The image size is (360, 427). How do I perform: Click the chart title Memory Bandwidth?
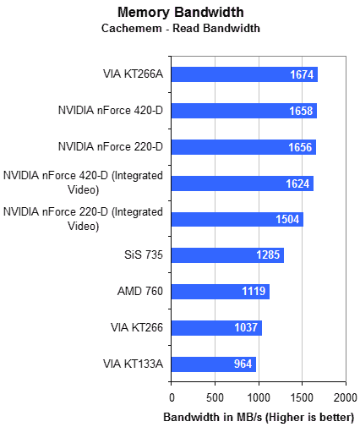point(181,13)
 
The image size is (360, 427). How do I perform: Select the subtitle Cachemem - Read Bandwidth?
point(181,28)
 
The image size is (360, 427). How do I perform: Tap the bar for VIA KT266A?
point(244,74)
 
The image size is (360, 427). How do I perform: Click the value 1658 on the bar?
point(301,111)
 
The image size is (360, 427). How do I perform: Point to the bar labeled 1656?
point(243,147)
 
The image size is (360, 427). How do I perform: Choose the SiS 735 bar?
point(227,255)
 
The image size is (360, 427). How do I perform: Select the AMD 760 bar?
point(221,292)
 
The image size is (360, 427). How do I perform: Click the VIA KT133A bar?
point(214,364)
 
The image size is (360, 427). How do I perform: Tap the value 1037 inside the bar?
point(246,327)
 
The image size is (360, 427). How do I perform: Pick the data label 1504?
point(287,219)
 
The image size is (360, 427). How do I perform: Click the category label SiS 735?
point(144,255)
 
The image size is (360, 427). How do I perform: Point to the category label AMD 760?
point(140,291)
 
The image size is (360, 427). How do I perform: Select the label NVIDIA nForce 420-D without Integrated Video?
point(111,110)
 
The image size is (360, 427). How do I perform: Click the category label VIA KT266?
point(137,327)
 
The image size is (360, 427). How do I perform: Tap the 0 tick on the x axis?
point(172,397)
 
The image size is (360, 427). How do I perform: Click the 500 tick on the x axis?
point(215,397)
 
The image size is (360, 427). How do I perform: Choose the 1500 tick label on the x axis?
point(302,397)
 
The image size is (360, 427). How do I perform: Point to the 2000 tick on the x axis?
point(346,397)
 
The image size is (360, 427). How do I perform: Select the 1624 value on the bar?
point(297,183)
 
